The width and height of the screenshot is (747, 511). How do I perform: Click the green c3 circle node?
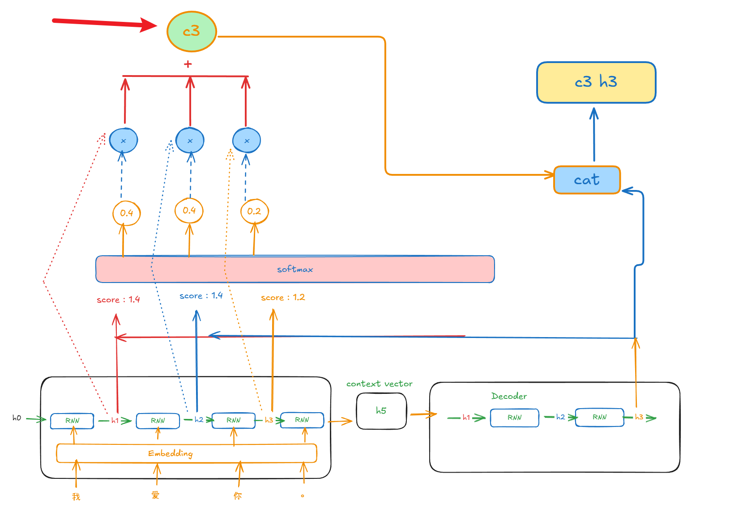(192, 31)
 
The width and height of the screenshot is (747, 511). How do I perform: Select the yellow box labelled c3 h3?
(596, 82)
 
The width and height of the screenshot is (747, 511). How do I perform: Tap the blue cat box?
(587, 180)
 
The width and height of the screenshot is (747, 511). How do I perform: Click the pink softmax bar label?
(295, 269)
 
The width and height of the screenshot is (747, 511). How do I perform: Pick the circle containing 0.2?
(254, 211)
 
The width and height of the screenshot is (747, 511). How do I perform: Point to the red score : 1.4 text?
(118, 300)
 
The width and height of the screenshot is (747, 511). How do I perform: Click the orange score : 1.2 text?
(283, 297)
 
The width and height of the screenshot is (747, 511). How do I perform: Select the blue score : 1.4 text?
(201, 296)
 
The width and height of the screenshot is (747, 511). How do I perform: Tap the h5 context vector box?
(381, 411)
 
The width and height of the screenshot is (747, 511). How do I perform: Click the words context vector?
(379, 384)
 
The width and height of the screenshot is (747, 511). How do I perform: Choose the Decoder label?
(509, 396)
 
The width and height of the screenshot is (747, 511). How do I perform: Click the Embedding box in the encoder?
(186, 453)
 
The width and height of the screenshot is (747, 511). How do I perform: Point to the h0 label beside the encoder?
(17, 418)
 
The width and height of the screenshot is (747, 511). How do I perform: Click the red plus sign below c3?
(188, 64)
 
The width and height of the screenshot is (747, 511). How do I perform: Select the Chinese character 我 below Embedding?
(76, 496)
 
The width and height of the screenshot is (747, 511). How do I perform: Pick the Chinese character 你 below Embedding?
(238, 496)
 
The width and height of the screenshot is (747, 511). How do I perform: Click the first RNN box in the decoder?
(514, 418)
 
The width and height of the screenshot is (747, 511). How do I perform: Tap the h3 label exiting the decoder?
(639, 417)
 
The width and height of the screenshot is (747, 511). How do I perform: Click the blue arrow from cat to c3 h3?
(594, 134)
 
